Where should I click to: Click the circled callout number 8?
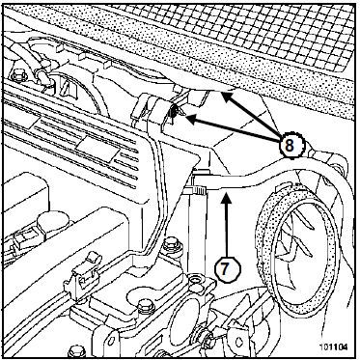pos(290,146)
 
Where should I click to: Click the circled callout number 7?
pos(227,268)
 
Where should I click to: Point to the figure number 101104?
pos(333,347)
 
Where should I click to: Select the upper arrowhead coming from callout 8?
pos(227,97)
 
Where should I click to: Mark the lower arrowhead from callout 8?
pos(190,120)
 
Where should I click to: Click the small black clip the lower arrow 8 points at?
pos(173,112)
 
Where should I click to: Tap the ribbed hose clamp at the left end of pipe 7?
pos(199,191)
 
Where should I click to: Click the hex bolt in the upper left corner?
pos(18,76)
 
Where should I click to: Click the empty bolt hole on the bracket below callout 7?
pos(196,280)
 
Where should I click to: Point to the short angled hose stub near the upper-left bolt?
pos(42,76)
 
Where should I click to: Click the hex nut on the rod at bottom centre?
pos(208,337)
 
